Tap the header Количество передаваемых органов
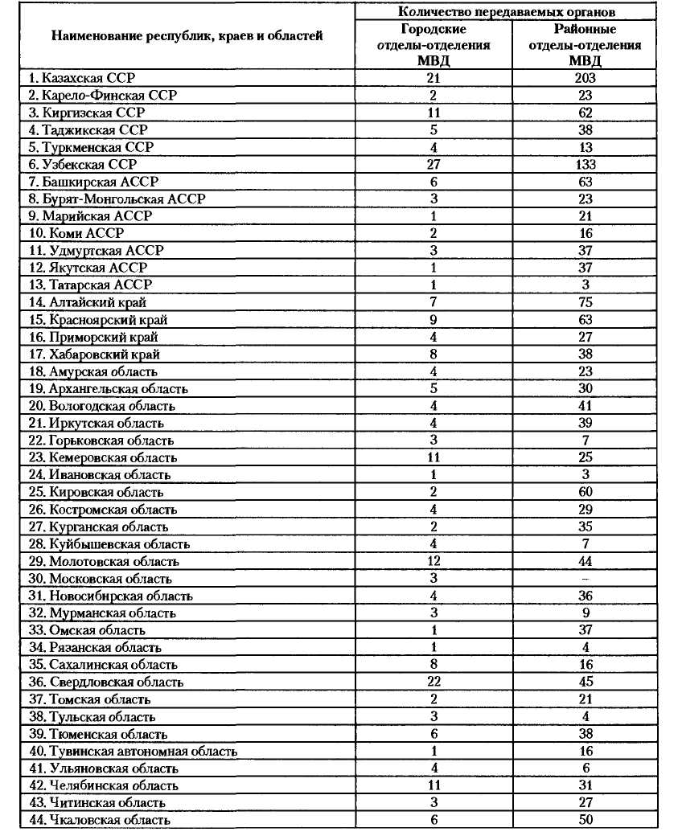pos(507,11)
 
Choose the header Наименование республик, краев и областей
pos(187,36)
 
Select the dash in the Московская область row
pos(585,579)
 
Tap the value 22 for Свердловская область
pos(434,682)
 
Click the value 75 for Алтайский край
pos(585,302)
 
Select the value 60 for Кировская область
pos(585,492)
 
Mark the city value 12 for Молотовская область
pos(434,561)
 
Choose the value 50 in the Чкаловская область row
pos(585,820)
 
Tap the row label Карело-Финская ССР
pos(102,95)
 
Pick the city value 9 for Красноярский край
pos(434,319)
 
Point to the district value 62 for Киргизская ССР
pos(585,113)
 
